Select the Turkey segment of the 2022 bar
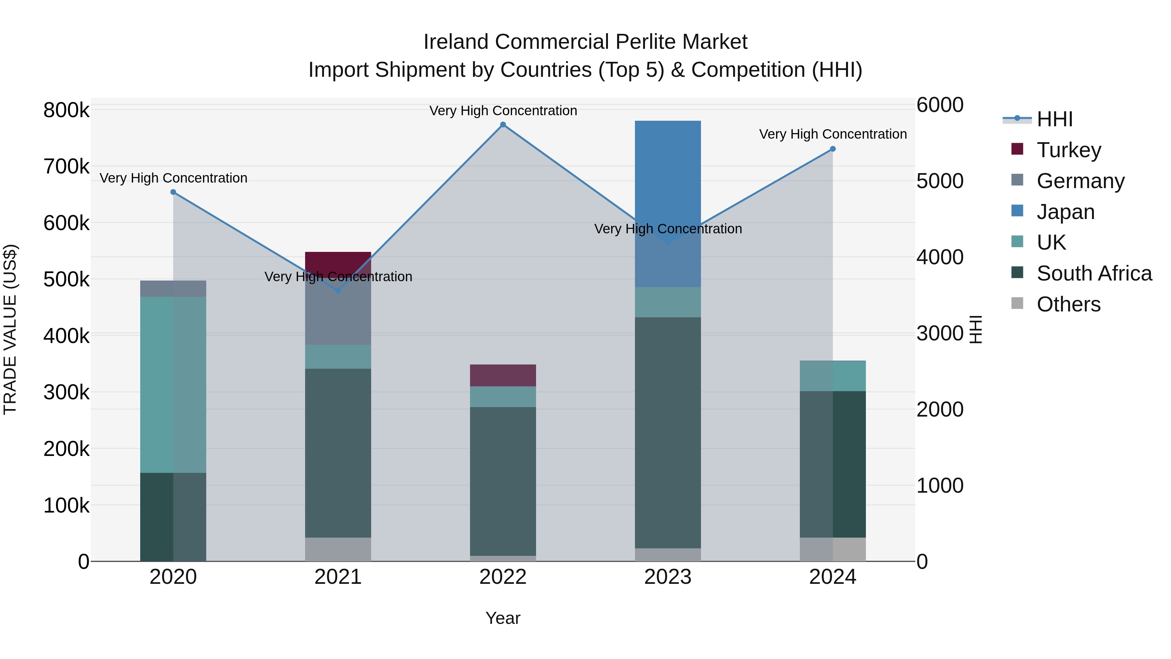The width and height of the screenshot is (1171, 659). pyautogui.click(x=503, y=375)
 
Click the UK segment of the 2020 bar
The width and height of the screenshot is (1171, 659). pyautogui.click(x=173, y=384)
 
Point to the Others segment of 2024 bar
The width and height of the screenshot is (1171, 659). pyautogui.click(x=832, y=549)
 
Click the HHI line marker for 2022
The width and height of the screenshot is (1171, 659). pyautogui.click(x=503, y=125)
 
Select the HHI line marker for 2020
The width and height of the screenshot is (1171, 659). pyautogui.click(x=173, y=192)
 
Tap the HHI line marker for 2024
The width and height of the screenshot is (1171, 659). pyautogui.click(x=832, y=149)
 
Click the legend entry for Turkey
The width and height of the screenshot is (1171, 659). pyautogui.click(x=1068, y=150)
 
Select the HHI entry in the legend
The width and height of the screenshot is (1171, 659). pyautogui.click(x=1055, y=119)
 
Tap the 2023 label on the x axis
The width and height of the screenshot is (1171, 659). pyautogui.click(x=667, y=577)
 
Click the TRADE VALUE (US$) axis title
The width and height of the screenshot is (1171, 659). pyautogui.click(x=10, y=329)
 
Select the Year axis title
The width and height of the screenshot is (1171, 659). pyautogui.click(x=503, y=618)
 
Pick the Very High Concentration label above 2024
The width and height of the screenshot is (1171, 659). pyautogui.click(x=832, y=134)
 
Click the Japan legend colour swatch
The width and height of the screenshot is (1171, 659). pyautogui.click(x=1017, y=211)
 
